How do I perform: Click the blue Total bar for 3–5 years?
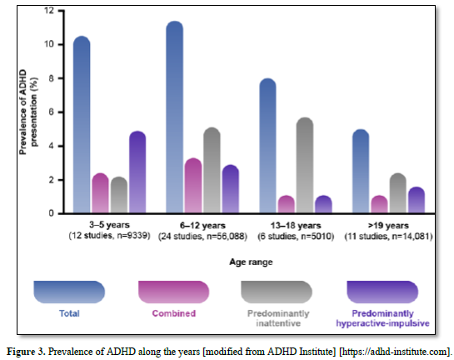82,124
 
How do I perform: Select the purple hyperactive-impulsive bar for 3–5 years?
137,172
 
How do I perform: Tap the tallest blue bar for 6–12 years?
175,117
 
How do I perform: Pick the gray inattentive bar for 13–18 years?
305,165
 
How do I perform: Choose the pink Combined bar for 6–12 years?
193,186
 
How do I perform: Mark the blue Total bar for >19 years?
361,171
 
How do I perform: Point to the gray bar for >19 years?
398,193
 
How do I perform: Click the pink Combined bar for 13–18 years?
287,204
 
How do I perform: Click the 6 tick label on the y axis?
52,112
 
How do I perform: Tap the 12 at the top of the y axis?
49,11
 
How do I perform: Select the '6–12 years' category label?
202,225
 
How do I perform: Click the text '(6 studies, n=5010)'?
296,237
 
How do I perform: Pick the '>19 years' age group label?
388,225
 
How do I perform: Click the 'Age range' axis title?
251,262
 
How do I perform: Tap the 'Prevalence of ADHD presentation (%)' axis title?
28,112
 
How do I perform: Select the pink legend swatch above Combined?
174,292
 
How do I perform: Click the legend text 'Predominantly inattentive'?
278,318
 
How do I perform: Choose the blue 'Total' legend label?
69,313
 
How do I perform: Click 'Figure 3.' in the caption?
26,352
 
